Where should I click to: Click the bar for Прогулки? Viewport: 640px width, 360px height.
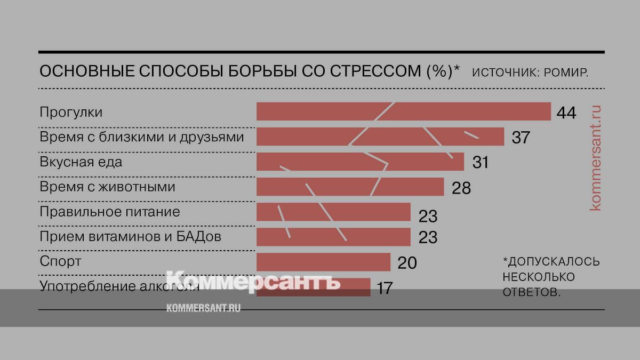403,112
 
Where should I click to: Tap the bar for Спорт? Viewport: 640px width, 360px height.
323,262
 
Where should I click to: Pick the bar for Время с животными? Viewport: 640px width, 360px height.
350,187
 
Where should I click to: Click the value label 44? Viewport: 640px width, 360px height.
566,113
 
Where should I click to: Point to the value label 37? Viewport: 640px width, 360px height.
521,138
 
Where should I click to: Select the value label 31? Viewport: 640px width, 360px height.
480,162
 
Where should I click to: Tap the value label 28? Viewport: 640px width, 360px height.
461,187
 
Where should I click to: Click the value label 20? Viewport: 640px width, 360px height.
407,262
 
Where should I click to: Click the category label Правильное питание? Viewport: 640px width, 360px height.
110,212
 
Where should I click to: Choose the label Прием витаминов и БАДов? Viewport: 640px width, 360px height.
130,236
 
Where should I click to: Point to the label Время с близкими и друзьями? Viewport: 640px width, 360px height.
142,137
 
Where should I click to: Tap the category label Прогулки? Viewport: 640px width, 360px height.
71,113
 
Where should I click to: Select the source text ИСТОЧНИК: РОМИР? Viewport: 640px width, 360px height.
530,72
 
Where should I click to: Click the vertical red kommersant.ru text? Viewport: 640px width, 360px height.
596,157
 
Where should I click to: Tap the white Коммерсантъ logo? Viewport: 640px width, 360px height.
253,282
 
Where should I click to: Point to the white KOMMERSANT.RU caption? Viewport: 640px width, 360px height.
204,308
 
